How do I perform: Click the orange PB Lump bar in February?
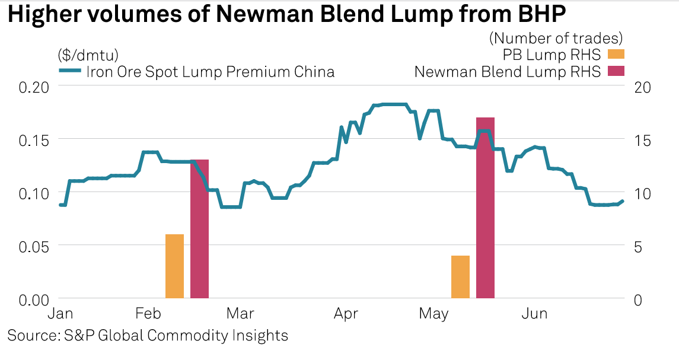click(x=174, y=266)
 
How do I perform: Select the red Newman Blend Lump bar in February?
click(x=199, y=229)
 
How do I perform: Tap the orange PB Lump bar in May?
click(x=460, y=277)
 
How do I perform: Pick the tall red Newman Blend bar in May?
click(x=485, y=208)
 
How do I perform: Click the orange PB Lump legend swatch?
click(x=616, y=55)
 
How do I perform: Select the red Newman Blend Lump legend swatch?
click(x=616, y=72)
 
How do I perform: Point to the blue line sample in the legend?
click(x=70, y=72)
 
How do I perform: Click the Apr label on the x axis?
click(x=345, y=314)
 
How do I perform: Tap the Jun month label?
click(x=534, y=314)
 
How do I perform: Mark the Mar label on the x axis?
click(x=241, y=314)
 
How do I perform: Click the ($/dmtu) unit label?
click(x=88, y=55)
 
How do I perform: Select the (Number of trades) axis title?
click(x=556, y=39)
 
